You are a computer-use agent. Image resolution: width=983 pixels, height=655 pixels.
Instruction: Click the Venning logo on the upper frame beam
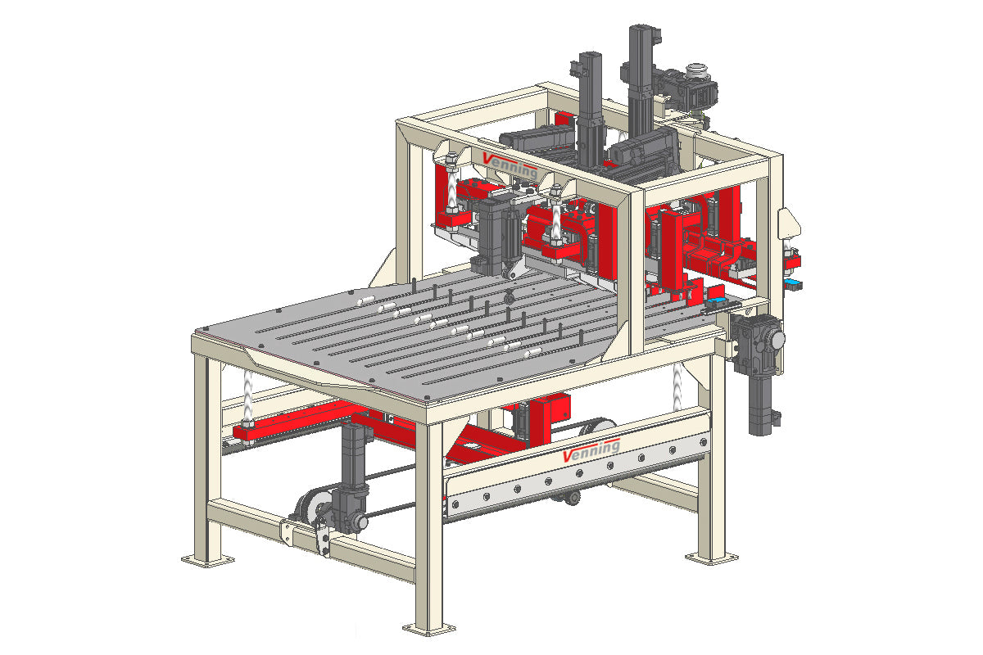coord(510,166)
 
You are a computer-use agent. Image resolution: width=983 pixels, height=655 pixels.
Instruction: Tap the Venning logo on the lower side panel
coord(591,450)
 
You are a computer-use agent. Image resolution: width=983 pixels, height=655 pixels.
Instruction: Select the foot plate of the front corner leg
coord(429,629)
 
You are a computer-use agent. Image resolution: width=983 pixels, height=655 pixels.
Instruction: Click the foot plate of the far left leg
coord(207,560)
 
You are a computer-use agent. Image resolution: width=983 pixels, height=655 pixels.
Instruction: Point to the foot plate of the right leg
coord(712,558)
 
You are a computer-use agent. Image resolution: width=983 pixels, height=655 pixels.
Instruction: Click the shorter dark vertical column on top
coord(591,110)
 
